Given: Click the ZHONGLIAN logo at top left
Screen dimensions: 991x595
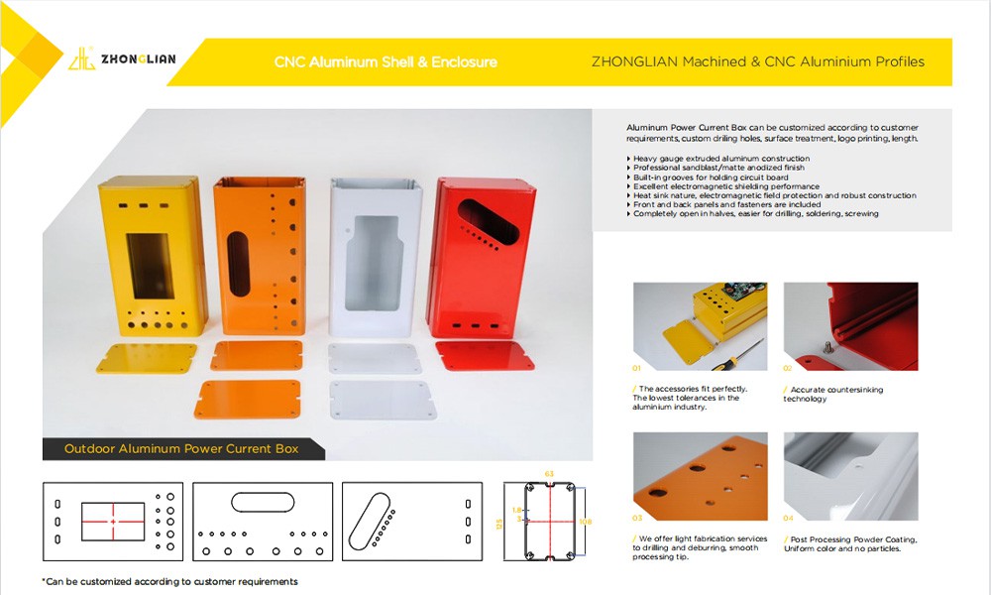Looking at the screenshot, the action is (123, 59).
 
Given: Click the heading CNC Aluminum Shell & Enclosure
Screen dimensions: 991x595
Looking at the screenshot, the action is (385, 61).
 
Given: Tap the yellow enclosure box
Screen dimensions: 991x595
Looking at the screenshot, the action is (152, 256).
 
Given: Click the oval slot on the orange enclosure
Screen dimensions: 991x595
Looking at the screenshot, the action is (238, 264).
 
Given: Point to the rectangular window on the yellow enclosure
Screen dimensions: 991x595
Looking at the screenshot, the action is (151, 266).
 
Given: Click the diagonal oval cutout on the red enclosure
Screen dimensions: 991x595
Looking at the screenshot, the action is (488, 222).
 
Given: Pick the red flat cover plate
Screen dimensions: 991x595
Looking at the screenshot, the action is (485, 355).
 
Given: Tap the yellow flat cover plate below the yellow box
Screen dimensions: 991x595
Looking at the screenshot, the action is (147, 358).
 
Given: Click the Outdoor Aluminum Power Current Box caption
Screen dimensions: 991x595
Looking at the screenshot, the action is (181, 449).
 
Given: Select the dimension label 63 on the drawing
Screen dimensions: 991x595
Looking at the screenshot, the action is (549, 474).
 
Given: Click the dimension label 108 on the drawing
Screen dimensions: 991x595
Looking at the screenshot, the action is (586, 522).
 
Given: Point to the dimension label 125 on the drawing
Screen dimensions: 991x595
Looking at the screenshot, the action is (498, 524).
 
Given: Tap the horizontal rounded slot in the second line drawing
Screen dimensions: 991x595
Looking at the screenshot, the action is (263, 502).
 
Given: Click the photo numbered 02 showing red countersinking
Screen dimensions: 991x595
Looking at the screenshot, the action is (850, 326).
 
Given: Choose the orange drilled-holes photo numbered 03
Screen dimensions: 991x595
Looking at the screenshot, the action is (701, 477).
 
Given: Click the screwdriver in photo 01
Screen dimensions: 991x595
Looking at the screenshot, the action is (737, 355).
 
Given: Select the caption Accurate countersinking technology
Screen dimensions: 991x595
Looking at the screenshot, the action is (833, 394).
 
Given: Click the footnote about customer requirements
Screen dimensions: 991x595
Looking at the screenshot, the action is (170, 582).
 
